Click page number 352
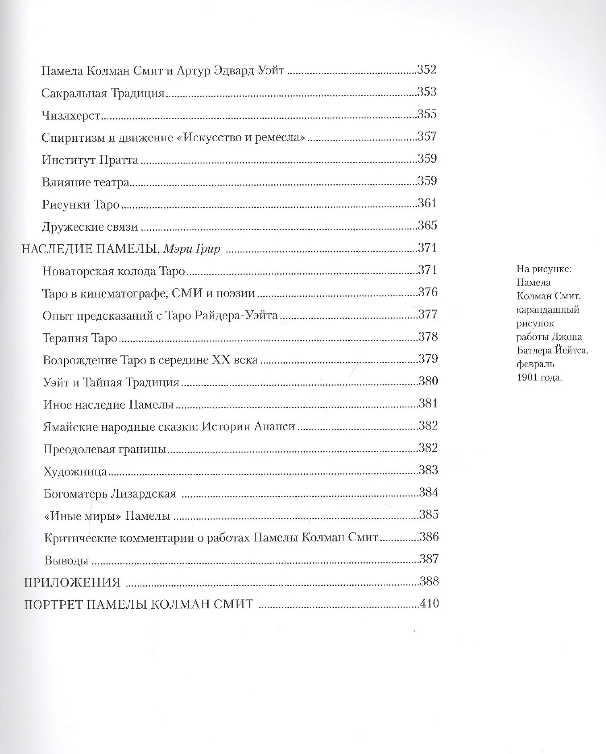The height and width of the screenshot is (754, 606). pyautogui.click(x=427, y=70)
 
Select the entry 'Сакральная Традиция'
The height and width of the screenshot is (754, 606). pyautogui.click(x=103, y=93)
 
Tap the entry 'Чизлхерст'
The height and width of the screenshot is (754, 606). pyautogui.click(x=71, y=116)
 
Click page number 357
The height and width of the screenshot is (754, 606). pyautogui.click(x=427, y=136)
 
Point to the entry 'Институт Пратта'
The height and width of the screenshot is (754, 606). pyautogui.click(x=90, y=160)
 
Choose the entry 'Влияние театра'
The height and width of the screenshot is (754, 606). pyautogui.click(x=85, y=182)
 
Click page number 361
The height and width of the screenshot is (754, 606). pyautogui.click(x=427, y=203)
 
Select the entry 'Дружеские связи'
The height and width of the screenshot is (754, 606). pyautogui.click(x=90, y=227)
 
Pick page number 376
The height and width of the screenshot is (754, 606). pyautogui.click(x=428, y=292)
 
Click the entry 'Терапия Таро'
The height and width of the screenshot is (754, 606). pyautogui.click(x=80, y=338)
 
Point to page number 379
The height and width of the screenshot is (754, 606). pyautogui.click(x=428, y=359)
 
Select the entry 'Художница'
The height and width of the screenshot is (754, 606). pyautogui.click(x=75, y=471)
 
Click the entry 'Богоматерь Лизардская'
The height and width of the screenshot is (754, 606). pyautogui.click(x=110, y=494)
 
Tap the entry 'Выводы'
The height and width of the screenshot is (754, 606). pyautogui.click(x=66, y=560)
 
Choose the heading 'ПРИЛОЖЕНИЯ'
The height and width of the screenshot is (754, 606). pyautogui.click(x=72, y=583)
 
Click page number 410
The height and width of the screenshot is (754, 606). pyautogui.click(x=429, y=604)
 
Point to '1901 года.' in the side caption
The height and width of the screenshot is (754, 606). pyautogui.click(x=539, y=378)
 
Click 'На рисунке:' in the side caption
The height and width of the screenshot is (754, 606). pyautogui.click(x=544, y=269)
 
